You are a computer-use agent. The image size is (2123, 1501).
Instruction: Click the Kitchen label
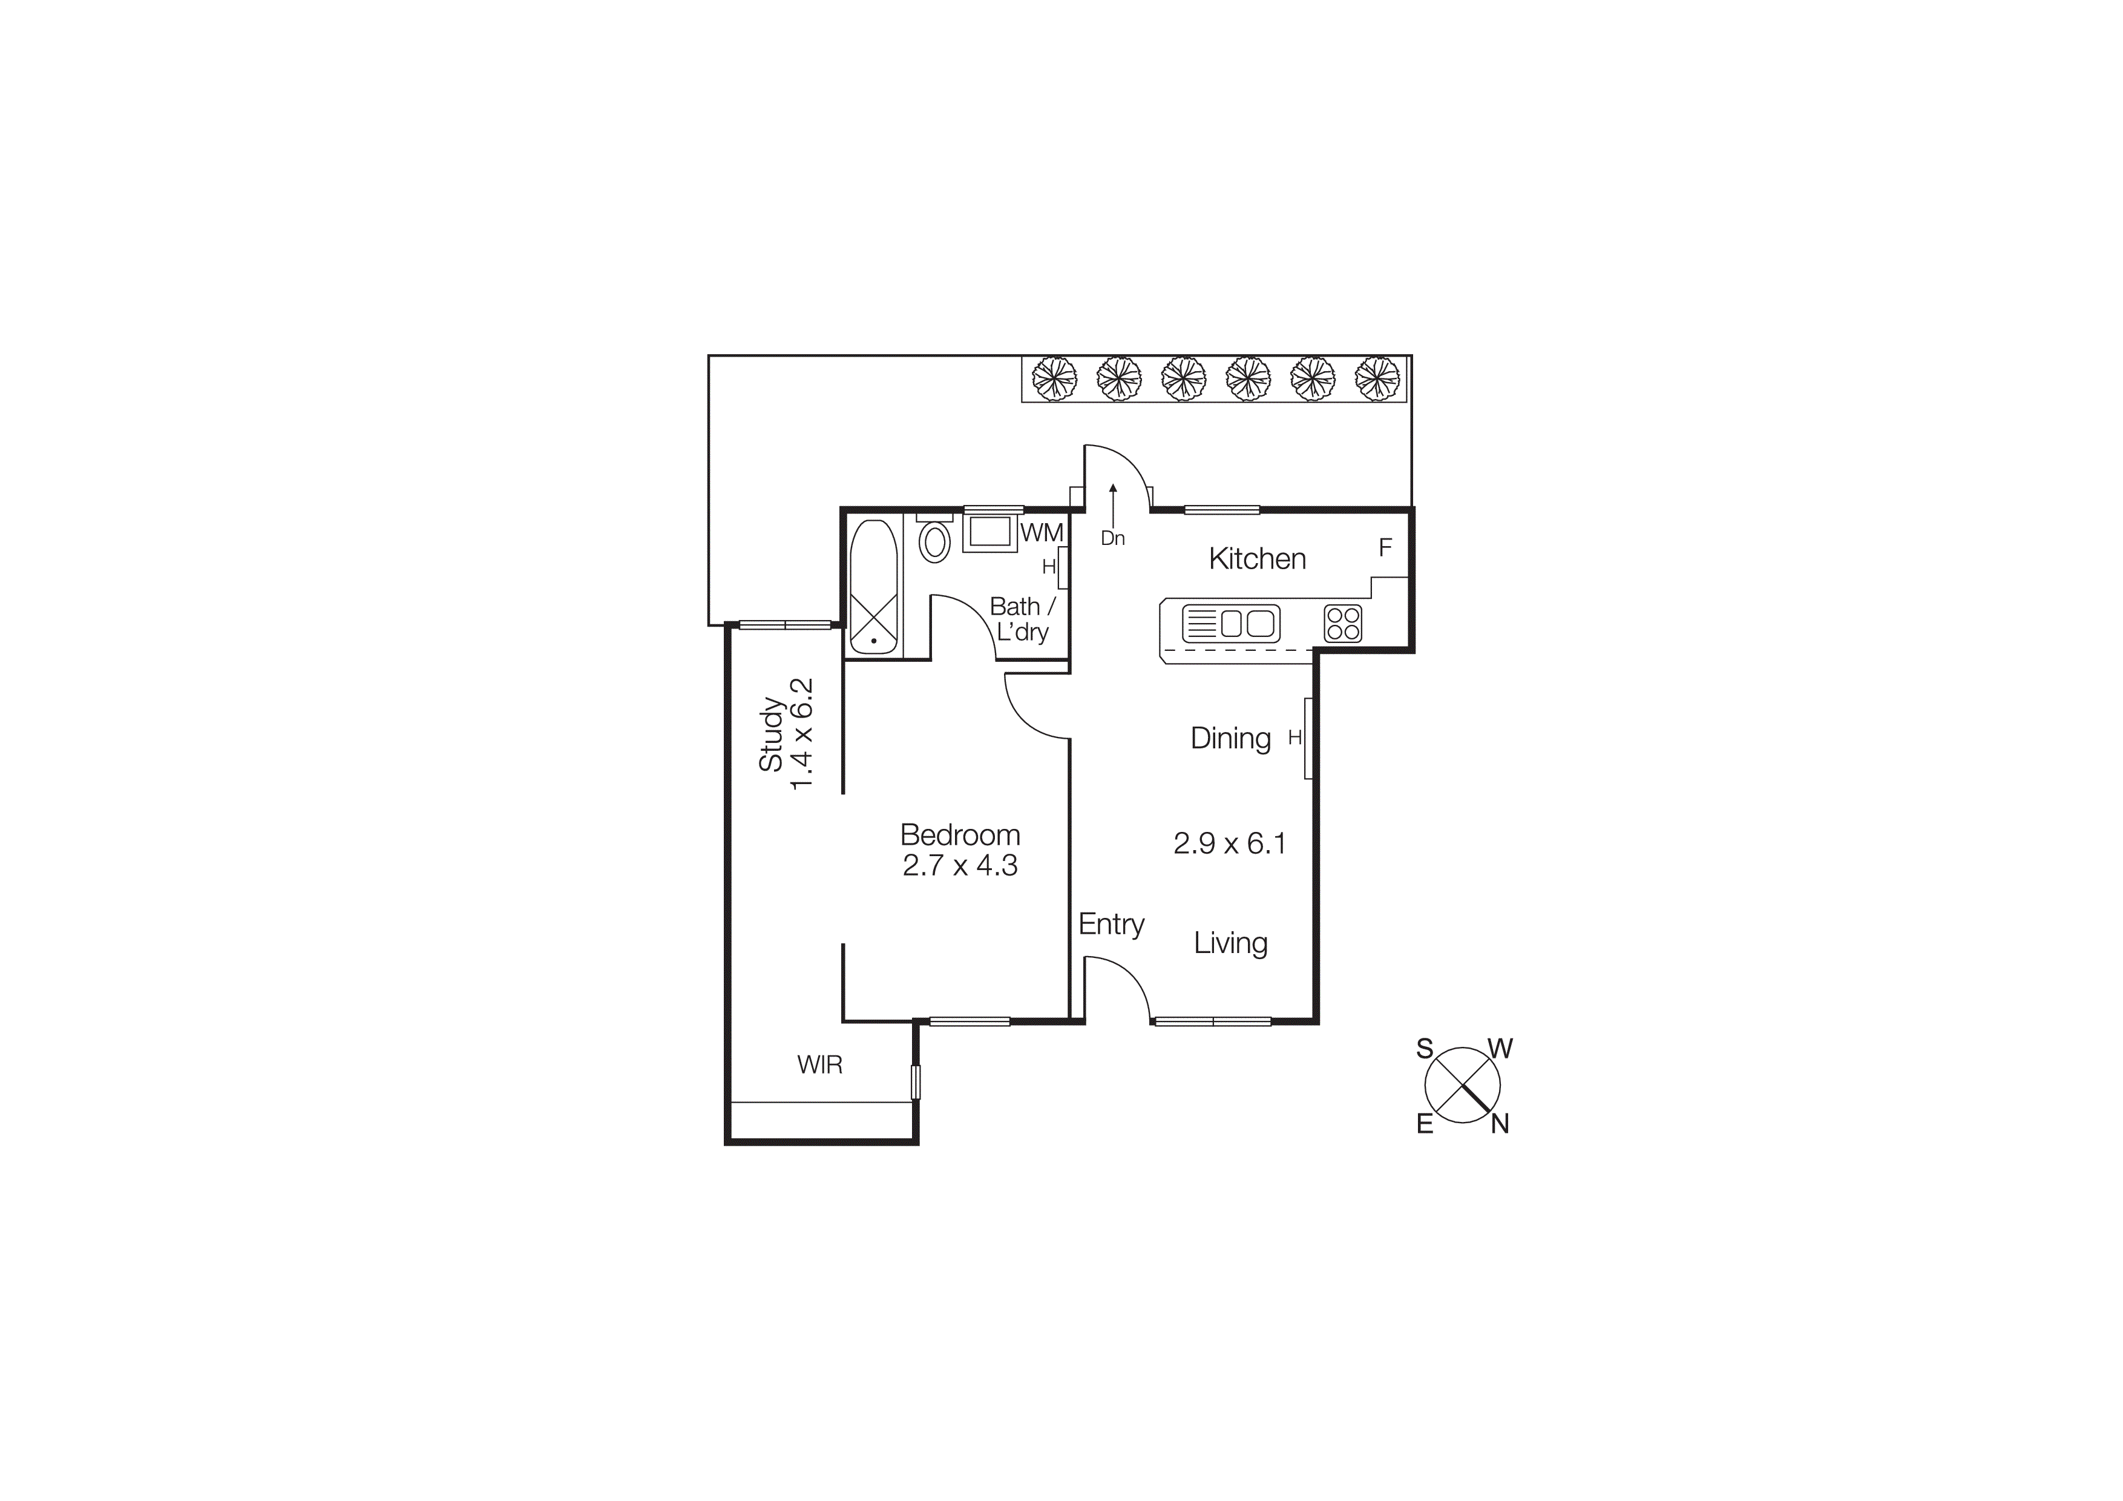(1256, 559)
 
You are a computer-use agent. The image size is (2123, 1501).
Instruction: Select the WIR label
(819, 1064)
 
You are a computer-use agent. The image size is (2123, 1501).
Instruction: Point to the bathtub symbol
(873, 587)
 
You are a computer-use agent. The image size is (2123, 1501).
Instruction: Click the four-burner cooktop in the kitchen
(1342, 623)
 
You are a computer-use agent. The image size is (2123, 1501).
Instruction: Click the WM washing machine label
(1042, 533)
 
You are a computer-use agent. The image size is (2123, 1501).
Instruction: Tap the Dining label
(1230, 738)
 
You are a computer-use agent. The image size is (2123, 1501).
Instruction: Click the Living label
(1230, 943)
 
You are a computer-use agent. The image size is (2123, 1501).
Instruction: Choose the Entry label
(1112, 924)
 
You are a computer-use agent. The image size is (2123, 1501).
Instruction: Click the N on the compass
(1500, 1124)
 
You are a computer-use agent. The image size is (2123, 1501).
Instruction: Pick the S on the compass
(1425, 1049)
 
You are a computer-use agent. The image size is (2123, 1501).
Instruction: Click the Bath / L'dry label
(1022, 619)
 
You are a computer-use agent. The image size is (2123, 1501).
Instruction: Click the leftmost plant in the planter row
(1054, 378)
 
